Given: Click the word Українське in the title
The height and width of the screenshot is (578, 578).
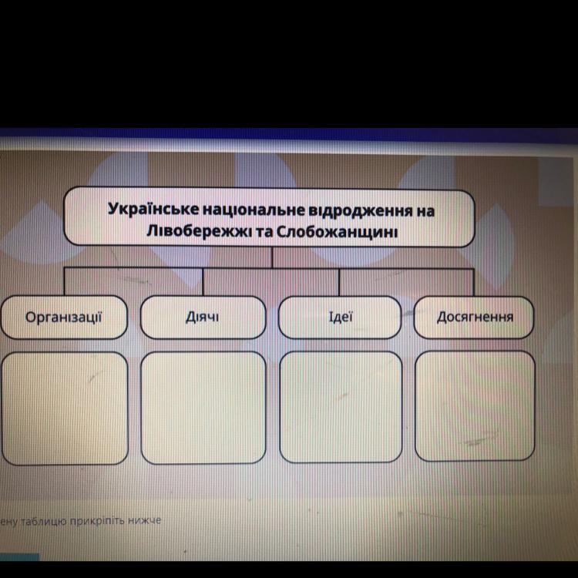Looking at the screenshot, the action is click(x=153, y=210).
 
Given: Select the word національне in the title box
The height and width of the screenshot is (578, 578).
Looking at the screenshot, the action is click(x=254, y=210).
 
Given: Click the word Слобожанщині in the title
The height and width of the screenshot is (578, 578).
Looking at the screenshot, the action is click(x=337, y=232).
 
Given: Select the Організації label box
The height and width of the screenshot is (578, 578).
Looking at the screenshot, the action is click(x=64, y=318).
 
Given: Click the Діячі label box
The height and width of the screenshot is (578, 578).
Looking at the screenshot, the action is click(x=203, y=318).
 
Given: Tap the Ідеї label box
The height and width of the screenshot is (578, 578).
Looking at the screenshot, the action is click(x=340, y=318).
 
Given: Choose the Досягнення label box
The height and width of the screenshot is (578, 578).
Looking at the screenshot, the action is click(x=474, y=318).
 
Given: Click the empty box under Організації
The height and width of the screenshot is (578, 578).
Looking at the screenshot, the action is click(x=65, y=408).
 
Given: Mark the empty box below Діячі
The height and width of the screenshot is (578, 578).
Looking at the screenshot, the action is click(x=203, y=408).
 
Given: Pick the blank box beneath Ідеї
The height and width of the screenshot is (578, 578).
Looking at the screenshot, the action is click(x=341, y=407).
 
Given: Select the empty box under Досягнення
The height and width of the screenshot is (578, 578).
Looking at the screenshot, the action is click(x=475, y=406).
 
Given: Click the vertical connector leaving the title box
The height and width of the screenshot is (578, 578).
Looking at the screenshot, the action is click(x=272, y=257).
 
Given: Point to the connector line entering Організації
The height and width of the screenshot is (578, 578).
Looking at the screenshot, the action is click(x=65, y=281).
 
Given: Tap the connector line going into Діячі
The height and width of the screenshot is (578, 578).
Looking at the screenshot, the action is click(x=203, y=282).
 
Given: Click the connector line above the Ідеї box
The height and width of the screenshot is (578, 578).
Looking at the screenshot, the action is click(x=339, y=282).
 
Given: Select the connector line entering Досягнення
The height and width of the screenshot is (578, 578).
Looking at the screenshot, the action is click(x=474, y=283).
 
